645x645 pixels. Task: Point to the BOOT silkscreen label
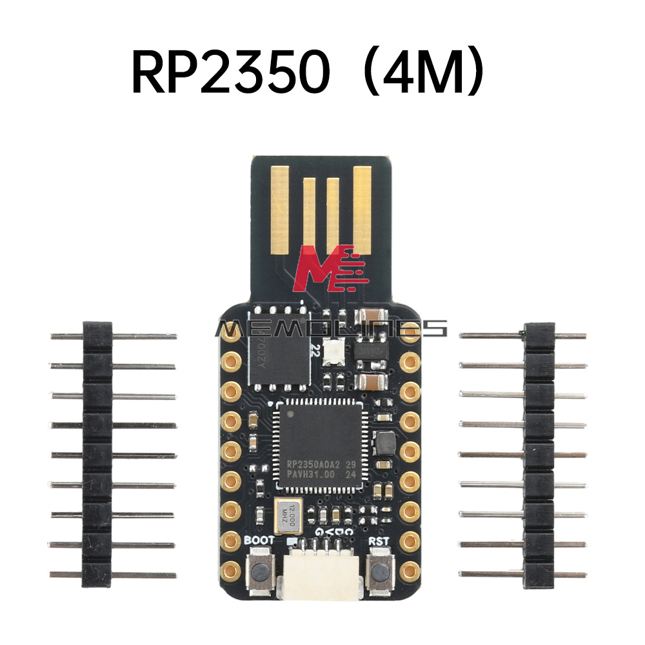point(259,541)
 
